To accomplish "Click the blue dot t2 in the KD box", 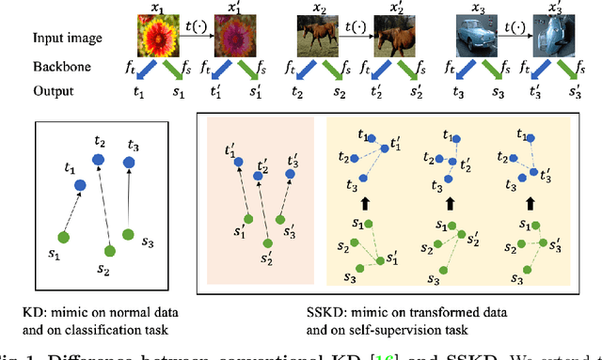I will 99,161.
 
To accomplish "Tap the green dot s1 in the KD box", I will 62,236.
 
